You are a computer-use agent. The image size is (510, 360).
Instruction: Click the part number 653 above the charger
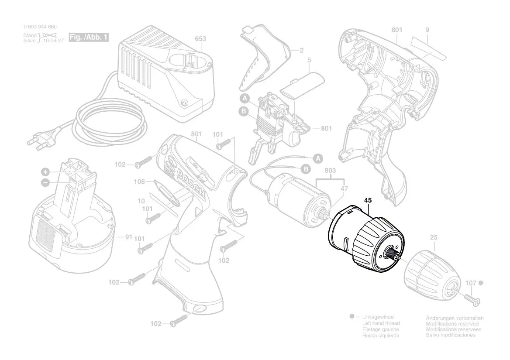200,39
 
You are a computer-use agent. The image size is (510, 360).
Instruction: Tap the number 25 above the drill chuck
433,238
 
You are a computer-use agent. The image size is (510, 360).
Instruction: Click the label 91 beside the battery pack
128,237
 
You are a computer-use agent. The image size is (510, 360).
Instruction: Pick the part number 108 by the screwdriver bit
139,181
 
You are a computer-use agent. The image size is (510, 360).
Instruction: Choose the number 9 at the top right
427,30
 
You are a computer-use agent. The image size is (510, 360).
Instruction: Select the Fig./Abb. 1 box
89,38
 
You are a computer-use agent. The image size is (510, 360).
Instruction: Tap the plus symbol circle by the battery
45,171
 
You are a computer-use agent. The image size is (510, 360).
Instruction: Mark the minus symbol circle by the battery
45,182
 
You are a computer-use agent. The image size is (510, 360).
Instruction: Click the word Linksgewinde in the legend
378,317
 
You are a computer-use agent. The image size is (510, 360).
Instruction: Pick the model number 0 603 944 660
40,27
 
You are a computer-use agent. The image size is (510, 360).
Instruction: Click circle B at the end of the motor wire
306,168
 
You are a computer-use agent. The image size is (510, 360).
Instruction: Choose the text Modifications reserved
452,323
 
